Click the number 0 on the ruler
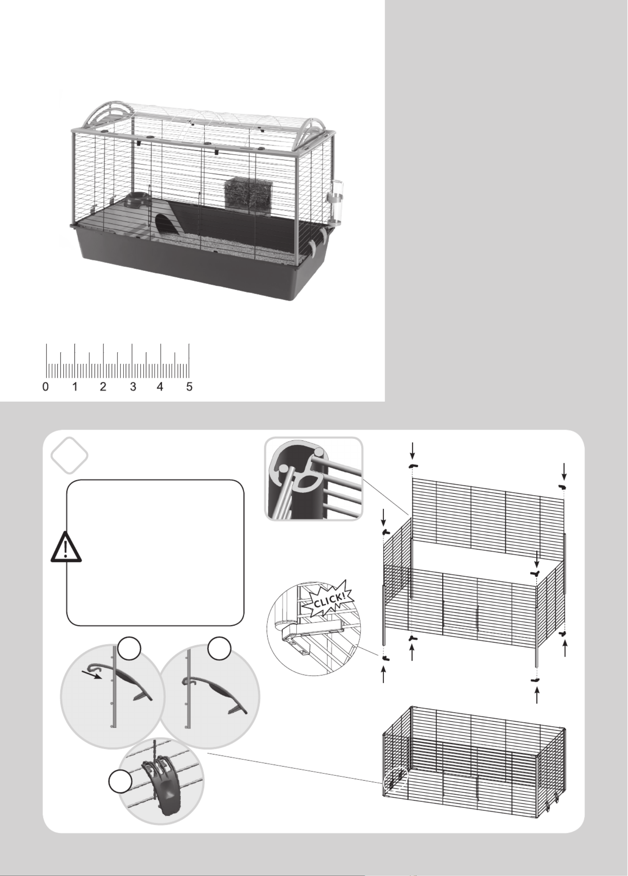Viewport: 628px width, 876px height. pyautogui.click(x=46, y=387)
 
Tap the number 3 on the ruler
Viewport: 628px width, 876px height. pyautogui.click(x=133, y=387)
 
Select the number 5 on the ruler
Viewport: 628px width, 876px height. pyautogui.click(x=189, y=387)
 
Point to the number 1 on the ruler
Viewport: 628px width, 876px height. pyautogui.click(x=75, y=387)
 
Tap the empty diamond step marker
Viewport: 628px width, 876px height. pyautogui.click(x=70, y=455)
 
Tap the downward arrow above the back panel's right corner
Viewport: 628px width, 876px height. pyautogui.click(x=564, y=470)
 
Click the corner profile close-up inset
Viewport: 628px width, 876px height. pyautogui.click(x=314, y=479)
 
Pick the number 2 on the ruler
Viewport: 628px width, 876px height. pyautogui.click(x=103, y=387)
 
